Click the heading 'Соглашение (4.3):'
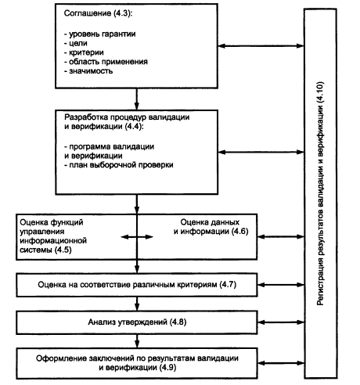98,13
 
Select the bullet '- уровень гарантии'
99,34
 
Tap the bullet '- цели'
76,43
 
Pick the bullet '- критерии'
84,52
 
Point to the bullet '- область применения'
106,62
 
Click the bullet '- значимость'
88,71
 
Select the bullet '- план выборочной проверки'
119,165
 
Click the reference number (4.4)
134,127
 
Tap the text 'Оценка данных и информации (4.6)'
211,227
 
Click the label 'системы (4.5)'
45,250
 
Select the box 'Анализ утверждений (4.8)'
137,322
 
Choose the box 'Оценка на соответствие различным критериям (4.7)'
137,285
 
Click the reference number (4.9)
167,368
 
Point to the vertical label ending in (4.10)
320,193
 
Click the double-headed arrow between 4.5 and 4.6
137,237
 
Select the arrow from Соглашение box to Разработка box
136,99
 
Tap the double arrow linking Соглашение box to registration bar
261,46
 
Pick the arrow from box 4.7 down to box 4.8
137,304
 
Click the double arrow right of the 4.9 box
281,363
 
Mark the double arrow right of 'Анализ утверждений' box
281,322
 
